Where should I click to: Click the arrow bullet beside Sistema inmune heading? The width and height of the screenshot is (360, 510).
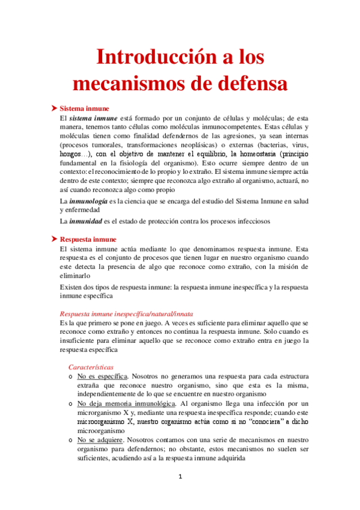[x=53, y=108]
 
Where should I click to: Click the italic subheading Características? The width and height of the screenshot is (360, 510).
[x=91, y=366]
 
